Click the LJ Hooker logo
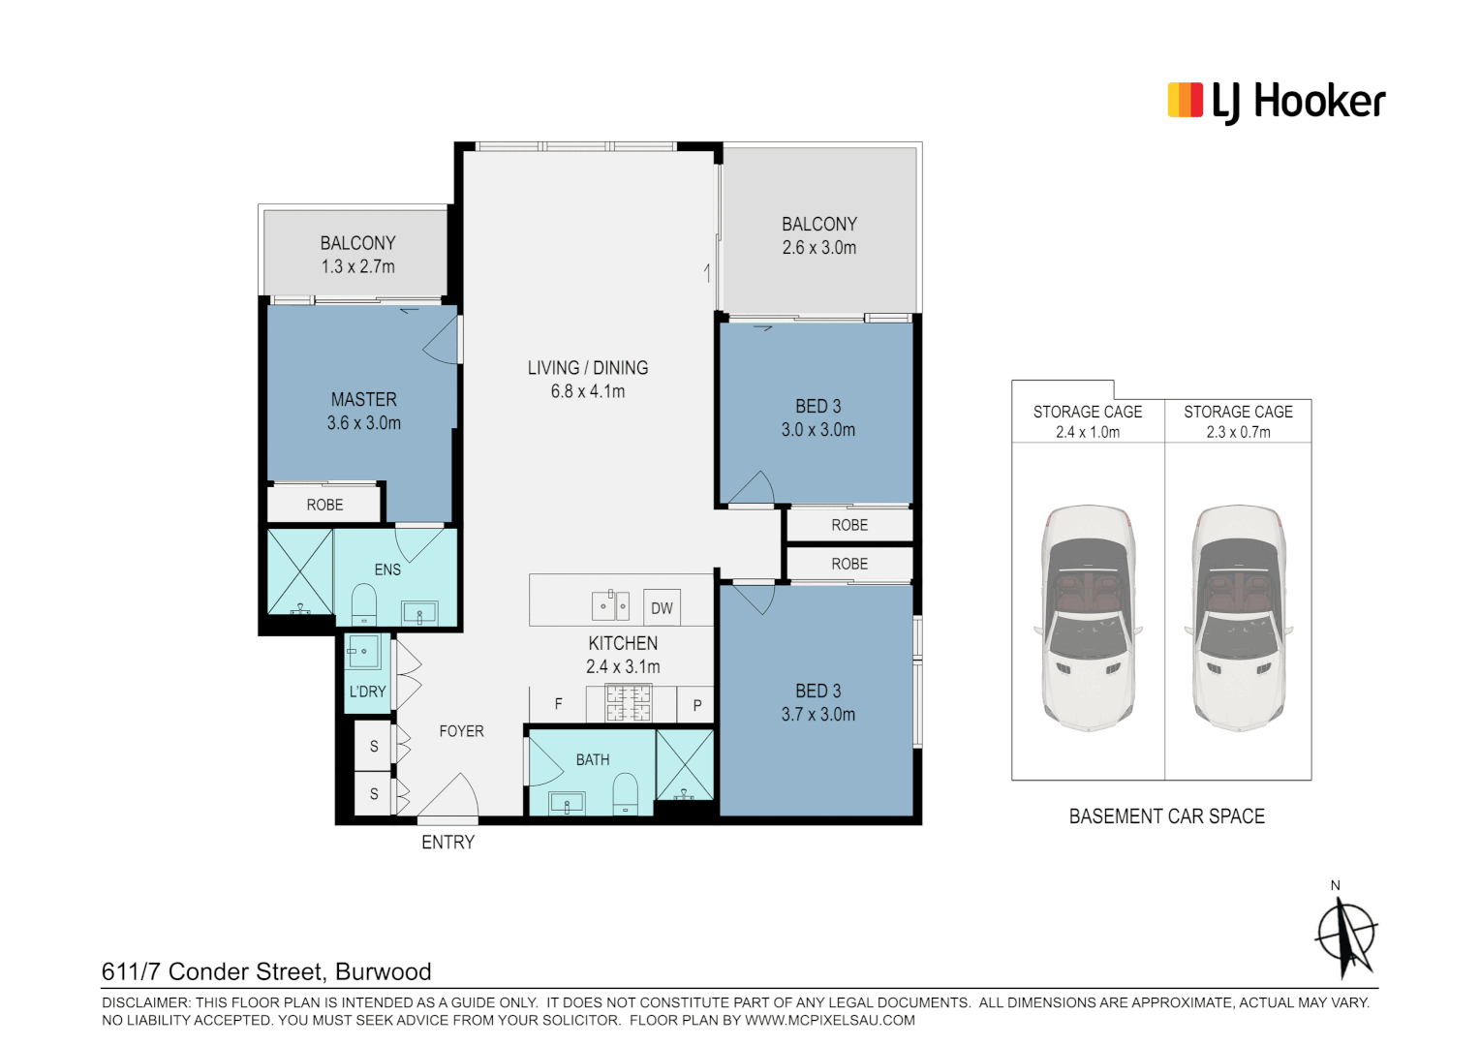click(x=1276, y=102)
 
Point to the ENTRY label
click(x=447, y=843)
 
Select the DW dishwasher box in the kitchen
click(x=662, y=608)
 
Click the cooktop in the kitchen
click(x=628, y=703)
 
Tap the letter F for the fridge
click(x=558, y=705)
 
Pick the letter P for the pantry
click(x=697, y=706)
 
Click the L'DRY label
click(x=367, y=692)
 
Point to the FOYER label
click(x=461, y=731)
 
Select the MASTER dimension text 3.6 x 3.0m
click(x=363, y=423)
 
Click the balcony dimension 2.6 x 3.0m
click(x=818, y=248)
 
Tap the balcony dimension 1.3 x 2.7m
click(x=357, y=267)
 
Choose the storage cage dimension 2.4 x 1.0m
click(x=1087, y=433)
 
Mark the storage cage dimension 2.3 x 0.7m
click(x=1238, y=433)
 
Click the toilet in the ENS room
click(x=363, y=604)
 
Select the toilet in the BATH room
click(x=626, y=792)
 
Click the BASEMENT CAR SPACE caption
click(x=1166, y=816)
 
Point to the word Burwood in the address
click(x=383, y=971)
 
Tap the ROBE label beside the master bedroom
click(x=324, y=505)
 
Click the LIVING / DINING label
click(x=587, y=368)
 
